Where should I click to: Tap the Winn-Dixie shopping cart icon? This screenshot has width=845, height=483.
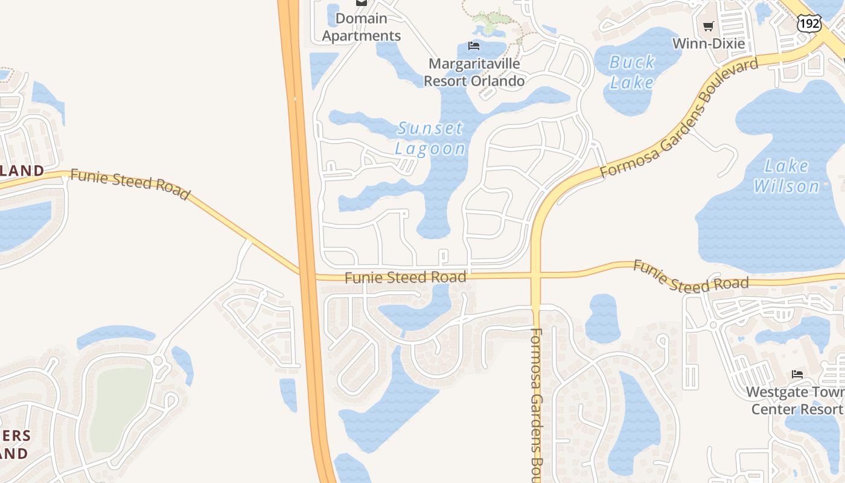(709, 26)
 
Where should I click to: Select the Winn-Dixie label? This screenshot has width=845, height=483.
(708, 43)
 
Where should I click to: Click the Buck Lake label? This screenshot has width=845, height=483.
(631, 72)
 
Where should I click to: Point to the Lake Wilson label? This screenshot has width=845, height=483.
(786, 176)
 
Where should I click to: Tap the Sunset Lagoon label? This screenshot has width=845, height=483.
(430, 138)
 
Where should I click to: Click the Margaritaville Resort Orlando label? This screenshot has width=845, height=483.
(474, 72)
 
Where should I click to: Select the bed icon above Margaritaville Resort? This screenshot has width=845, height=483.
(474, 46)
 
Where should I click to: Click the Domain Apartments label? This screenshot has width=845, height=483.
(361, 27)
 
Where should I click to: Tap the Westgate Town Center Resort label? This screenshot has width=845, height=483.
(796, 400)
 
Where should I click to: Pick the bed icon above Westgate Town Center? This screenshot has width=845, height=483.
(797, 374)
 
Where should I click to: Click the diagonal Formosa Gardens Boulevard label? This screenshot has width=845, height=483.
(679, 118)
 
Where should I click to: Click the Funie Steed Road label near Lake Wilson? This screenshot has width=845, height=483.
(690, 277)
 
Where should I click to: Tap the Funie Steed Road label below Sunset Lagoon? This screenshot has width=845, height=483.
(406, 278)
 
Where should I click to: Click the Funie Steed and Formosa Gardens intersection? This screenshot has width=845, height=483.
(535, 275)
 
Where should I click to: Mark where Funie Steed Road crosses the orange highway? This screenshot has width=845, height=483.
(307, 275)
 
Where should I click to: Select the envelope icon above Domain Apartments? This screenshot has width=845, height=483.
(361, 2)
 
